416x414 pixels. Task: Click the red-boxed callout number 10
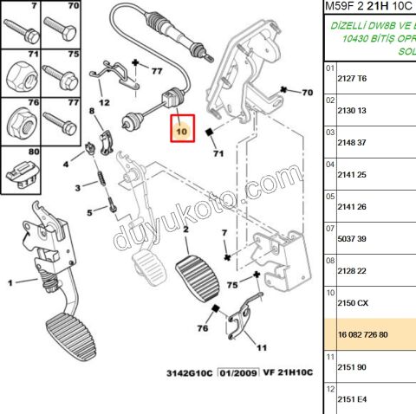[182, 131]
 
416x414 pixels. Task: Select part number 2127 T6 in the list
[351, 78]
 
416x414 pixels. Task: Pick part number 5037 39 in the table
[351, 238]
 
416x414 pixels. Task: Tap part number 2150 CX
[352, 302]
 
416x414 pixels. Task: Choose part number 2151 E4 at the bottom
[351, 399]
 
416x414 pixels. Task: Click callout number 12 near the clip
[104, 101]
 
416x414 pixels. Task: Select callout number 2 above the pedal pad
[185, 228]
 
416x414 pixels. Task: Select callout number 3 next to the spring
[77, 187]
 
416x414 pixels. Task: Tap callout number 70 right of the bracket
[306, 92]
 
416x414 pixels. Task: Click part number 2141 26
[351, 206]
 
